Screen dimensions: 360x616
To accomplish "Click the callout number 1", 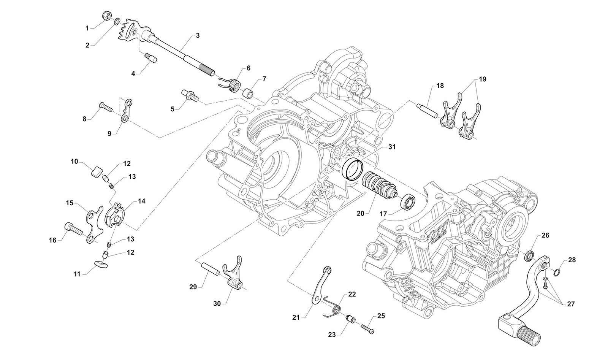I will point(87,28).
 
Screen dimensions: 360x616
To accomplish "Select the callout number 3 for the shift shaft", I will point(198,35).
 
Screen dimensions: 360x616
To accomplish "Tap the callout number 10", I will point(74,162).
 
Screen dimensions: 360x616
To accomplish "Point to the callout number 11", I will point(77,274).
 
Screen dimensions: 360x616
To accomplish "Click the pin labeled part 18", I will point(429,111).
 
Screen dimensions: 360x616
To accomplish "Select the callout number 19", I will point(482,79).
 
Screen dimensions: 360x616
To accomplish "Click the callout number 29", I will point(193,287).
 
